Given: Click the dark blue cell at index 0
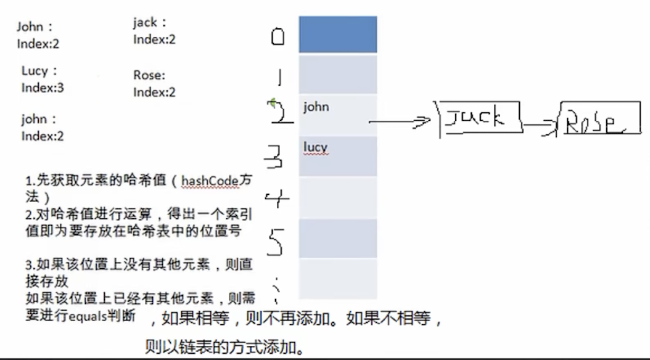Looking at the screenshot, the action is [337, 35].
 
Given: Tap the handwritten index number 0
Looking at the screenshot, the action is [278, 38].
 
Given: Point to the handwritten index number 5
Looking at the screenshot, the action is [276, 241].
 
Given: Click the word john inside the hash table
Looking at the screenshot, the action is [316, 107].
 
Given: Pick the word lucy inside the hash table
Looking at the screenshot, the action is [315, 147].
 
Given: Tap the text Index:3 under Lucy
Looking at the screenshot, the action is [43, 88].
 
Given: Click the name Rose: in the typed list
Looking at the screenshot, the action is [149, 76].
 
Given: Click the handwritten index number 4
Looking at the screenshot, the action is [276, 199].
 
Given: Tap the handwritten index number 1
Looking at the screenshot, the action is [279, 76].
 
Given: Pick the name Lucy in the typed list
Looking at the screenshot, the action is [35, 71].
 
